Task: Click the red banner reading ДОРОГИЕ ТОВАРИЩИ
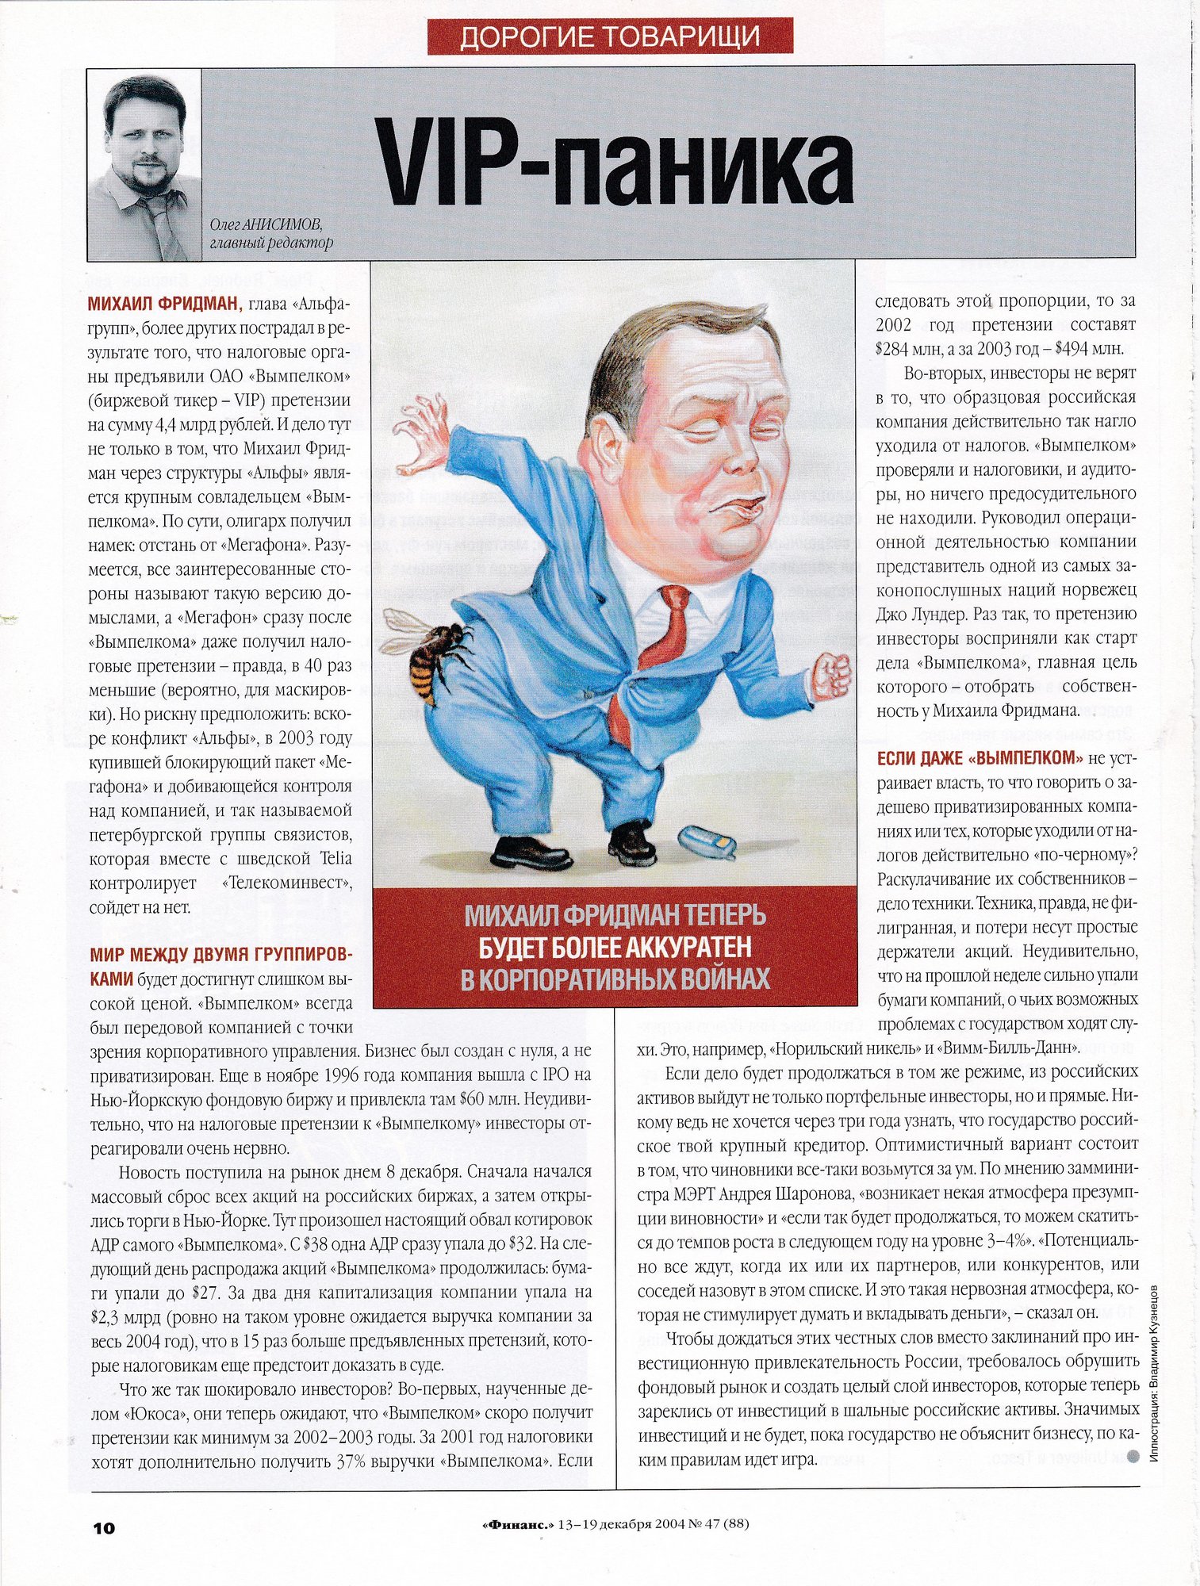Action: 610,36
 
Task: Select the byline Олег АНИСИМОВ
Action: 266,224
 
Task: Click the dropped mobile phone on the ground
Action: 707,841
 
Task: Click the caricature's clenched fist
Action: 831,675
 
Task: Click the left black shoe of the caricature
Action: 531,852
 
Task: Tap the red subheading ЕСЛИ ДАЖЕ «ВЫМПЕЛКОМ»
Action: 980,758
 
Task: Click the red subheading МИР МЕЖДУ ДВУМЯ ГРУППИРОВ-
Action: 220,954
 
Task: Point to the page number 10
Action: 104,1528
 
